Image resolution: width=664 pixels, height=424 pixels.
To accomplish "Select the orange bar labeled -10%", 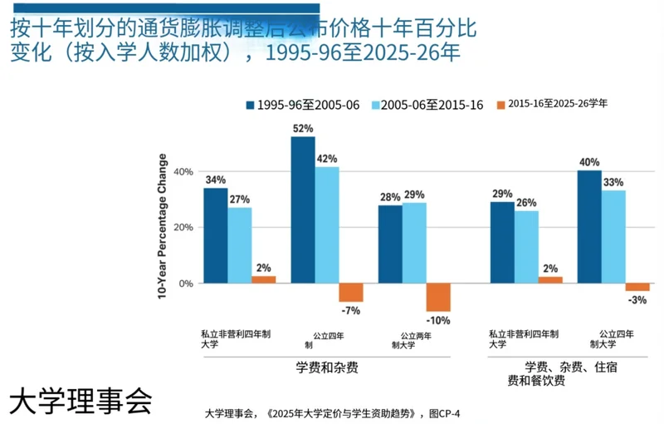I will (x=438, y=297).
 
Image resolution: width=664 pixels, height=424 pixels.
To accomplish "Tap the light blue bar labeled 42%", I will (x=327, y=224).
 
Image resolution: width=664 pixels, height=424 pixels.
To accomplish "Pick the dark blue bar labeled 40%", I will (x=589, y=226).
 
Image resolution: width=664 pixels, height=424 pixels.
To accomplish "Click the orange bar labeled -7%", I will (x=351, y=292).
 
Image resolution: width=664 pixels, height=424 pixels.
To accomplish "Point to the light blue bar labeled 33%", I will (x=613, y=236).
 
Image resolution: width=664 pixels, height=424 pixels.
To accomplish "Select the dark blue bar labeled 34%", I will (x=216, y=235).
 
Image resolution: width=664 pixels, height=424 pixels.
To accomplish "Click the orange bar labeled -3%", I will (x=637, y=287).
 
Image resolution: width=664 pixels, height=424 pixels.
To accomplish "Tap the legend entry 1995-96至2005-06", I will (x=302, y=105).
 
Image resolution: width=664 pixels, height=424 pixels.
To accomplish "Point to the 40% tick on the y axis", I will (x=183, y=172).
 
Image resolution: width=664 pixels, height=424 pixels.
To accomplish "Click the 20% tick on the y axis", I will (x=183, y=228).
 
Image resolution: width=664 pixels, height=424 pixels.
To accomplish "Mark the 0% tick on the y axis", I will (x=186, y=283).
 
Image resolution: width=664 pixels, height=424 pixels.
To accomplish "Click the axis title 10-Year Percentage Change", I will (x=163, y=225).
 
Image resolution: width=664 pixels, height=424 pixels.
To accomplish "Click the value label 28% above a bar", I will (x=389, y=196).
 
